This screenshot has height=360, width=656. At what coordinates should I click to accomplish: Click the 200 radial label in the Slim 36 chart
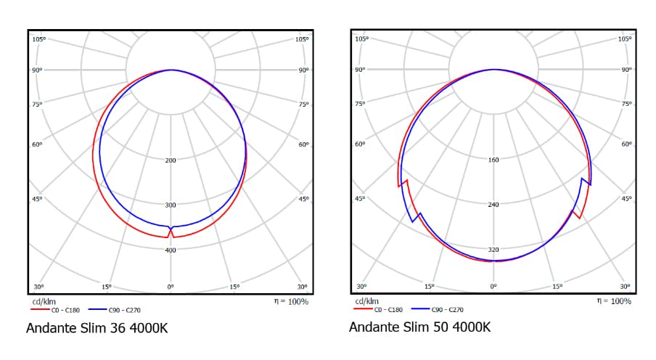click(x=171, y=160)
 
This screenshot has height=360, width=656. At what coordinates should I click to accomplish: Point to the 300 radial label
click(x=171, y=205)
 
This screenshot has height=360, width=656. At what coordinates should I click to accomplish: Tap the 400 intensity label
click(x=171, y=250)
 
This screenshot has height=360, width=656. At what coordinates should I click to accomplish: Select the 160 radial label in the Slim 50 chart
click(x=493, y=159)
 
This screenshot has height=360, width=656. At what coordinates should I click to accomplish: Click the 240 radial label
click(x=493, y=205)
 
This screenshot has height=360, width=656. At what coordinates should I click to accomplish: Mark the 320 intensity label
click(x=493, y=250)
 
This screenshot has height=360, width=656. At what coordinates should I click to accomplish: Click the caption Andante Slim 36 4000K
click(x=97, y=328)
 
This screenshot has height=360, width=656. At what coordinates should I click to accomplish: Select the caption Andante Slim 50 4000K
click(x=419, y=327)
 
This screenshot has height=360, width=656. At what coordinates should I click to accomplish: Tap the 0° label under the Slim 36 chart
click(x=171, y=287)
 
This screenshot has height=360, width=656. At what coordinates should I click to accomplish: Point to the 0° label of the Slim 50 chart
click(x=493, y=287)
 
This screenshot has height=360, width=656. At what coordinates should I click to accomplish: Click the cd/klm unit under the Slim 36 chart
click(x=44, y=300)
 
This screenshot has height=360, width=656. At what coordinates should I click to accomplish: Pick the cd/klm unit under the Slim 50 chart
click(x=366, y=300)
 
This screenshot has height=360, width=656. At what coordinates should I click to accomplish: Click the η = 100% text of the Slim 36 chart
click(x=291, y=301)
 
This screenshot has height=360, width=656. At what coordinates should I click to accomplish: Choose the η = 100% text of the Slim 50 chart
click(x=614, y=300)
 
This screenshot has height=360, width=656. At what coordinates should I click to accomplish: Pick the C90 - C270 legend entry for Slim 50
click(x=447, y=310)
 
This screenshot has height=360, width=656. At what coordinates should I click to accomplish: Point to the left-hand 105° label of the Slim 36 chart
click(x=38, y=38)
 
